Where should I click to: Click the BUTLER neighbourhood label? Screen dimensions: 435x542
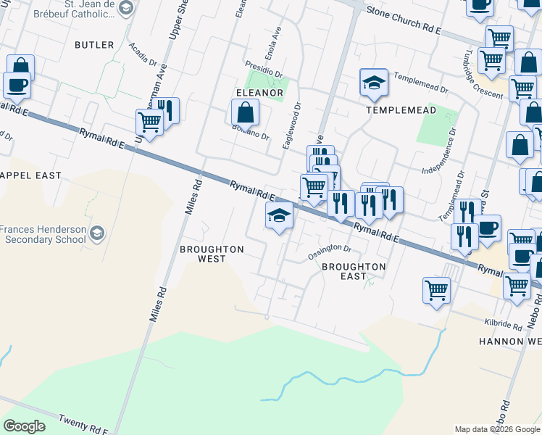(94, 45)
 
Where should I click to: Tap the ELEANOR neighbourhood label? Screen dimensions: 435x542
(259, 93)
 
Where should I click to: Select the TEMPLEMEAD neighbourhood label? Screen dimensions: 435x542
(401, 110)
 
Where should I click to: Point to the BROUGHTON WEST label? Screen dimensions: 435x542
(212, 254)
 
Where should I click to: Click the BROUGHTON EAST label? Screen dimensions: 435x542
(354, 271)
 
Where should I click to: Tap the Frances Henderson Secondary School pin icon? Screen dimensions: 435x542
(97, 233)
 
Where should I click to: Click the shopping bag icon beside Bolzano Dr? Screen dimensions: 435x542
(246, 112)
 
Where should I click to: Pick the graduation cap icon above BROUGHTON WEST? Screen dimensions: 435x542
(280, 215)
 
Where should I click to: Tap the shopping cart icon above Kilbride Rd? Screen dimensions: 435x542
(436, 289)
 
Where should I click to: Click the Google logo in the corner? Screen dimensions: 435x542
(24, 426)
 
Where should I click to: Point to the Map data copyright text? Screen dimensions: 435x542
(496, 429)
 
